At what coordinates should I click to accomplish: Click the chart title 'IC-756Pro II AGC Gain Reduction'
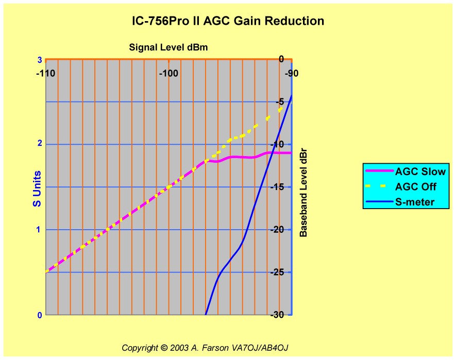tap(228, 21)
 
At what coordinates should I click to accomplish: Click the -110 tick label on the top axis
tap(45, 73)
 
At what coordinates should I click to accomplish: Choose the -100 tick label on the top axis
tap(168, 73)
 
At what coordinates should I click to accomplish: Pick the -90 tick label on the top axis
tap(291, 73)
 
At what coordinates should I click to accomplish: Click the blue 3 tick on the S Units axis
tap(39, 60)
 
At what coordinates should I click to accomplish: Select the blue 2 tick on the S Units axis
tap(39, 144)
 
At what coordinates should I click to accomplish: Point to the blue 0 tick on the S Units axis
tap(39, 315)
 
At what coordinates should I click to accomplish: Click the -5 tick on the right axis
tap(281, 101)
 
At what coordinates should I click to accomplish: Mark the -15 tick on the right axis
tap(279, 187)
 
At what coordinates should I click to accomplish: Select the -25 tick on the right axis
tap(279, 272)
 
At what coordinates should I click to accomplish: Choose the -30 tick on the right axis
tap(279, 315)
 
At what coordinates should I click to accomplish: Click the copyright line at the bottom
tap(208, 348)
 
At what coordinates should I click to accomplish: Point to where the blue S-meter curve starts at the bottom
tap(206, 313)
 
